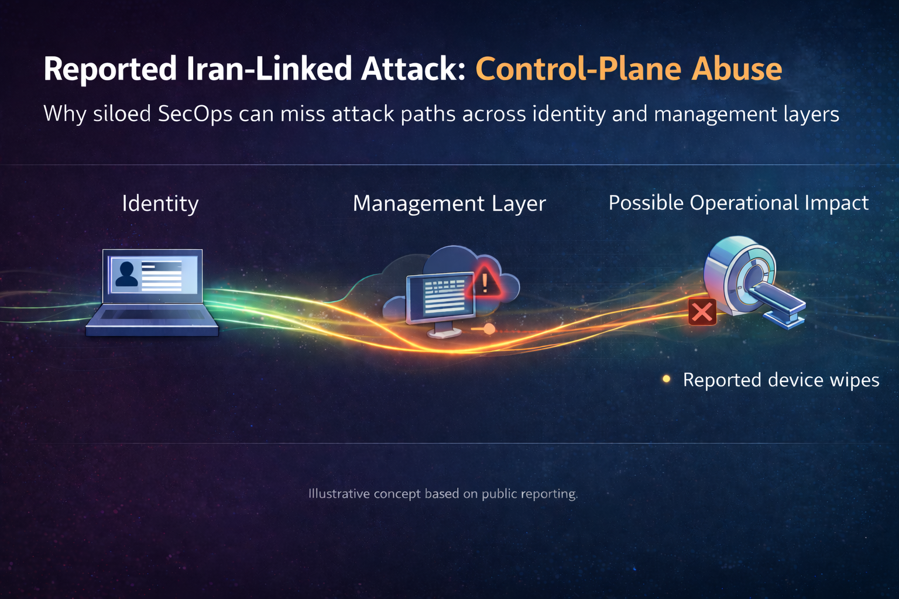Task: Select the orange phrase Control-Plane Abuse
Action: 629,69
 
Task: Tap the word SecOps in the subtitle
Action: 195,113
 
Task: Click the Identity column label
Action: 160,204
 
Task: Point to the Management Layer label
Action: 449,204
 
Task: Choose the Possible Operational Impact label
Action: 738,203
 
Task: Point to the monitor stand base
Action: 444,333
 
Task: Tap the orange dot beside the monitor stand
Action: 489,329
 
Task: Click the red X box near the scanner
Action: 702,312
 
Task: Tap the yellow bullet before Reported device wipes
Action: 666,379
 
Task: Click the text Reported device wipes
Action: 781,380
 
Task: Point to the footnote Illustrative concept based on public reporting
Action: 443,494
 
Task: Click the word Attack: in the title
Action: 413,69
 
